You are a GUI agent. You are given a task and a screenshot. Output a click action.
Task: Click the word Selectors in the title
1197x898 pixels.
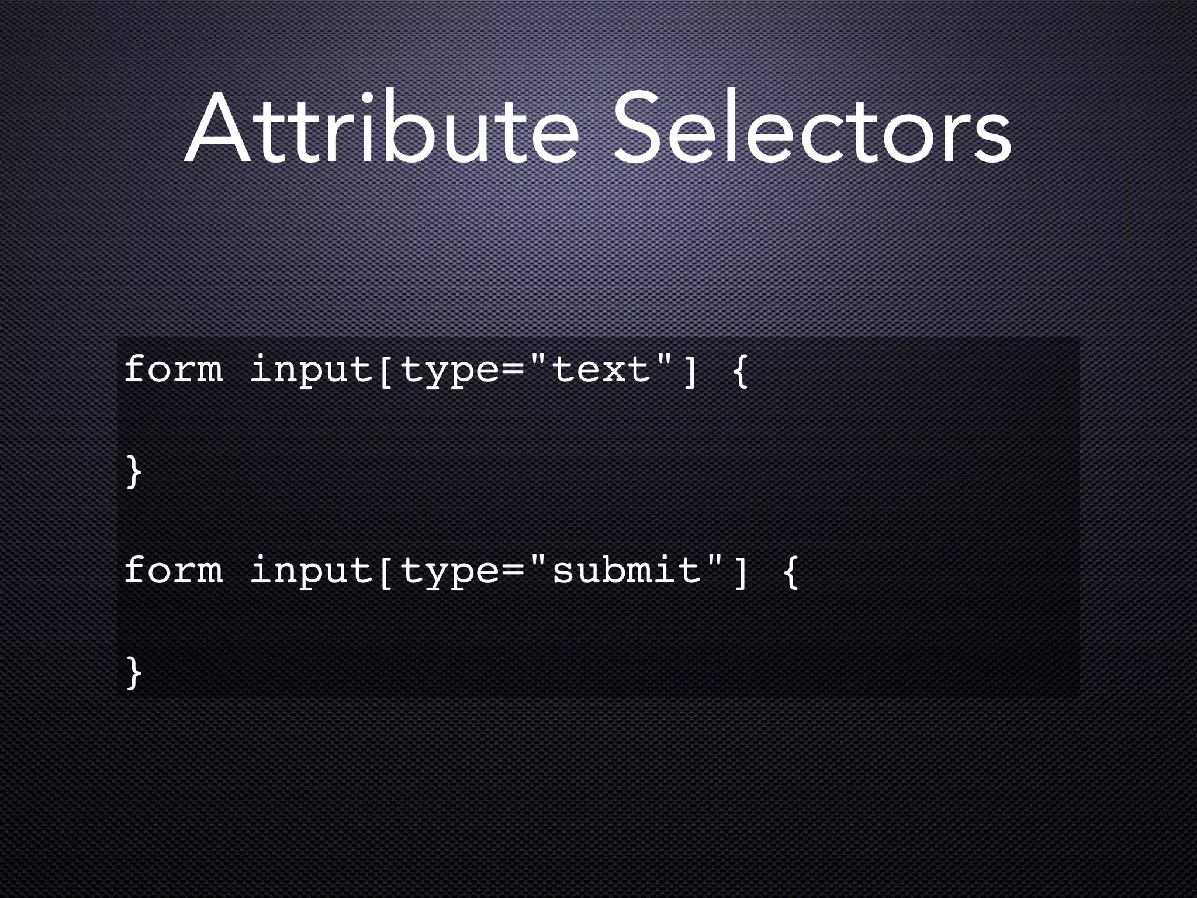[x=812, y=129]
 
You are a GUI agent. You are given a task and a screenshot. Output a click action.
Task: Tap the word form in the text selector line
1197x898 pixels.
[x=174, y=369]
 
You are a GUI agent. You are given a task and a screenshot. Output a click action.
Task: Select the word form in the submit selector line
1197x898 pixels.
[x=174, y=570]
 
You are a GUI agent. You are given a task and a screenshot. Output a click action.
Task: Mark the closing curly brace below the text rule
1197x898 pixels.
[x=134, y=471]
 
